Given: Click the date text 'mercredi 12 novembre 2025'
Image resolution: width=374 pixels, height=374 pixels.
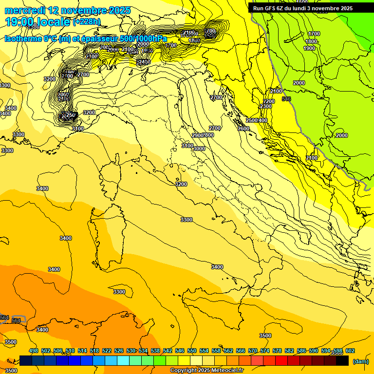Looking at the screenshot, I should (68, 10).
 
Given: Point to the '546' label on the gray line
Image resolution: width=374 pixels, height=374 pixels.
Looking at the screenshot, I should (286, 99).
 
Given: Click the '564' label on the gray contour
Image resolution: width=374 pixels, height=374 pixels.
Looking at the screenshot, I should (4, 318).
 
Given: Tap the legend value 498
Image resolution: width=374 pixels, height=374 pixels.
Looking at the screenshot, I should (34, 351).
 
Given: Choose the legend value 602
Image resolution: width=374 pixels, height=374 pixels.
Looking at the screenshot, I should (350, 351).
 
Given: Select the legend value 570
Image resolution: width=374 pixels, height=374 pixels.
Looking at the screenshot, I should (252, 351).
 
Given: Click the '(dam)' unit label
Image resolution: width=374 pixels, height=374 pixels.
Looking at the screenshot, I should (361, 361).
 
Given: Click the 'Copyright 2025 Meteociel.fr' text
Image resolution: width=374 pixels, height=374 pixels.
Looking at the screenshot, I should (207, 371).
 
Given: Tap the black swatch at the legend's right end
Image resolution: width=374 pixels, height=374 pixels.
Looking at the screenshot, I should (342, 361).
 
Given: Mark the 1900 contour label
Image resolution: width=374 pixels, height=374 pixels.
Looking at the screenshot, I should (309, 48).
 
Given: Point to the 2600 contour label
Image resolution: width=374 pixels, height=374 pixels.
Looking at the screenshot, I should (243, 129).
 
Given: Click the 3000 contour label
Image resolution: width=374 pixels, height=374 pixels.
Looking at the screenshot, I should (199, 149).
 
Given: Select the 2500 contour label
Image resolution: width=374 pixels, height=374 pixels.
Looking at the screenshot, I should (252, 120).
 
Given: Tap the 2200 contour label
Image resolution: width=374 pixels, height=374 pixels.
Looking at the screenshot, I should (269, 101).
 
